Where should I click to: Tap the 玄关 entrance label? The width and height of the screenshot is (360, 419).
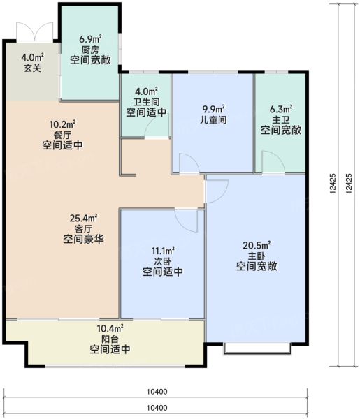(32, 68)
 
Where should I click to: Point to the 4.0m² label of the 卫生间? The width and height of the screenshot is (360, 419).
(146, 90)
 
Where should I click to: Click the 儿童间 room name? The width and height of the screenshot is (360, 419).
(213, 120)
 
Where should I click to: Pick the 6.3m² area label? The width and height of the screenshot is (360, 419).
(281, 108)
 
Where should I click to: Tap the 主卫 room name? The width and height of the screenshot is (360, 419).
(281, 119)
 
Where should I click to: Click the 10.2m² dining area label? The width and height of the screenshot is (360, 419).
(62, 125)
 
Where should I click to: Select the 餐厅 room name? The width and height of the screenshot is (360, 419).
(62, 136)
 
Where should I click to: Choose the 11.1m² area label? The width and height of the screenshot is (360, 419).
(162, 250)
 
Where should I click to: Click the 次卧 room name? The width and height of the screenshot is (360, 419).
(162, 261)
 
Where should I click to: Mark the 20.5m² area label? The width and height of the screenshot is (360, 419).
(257, 244)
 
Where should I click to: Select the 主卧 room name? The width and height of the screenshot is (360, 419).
(257, 256)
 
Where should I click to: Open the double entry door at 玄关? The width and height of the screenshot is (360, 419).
(32, 31)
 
